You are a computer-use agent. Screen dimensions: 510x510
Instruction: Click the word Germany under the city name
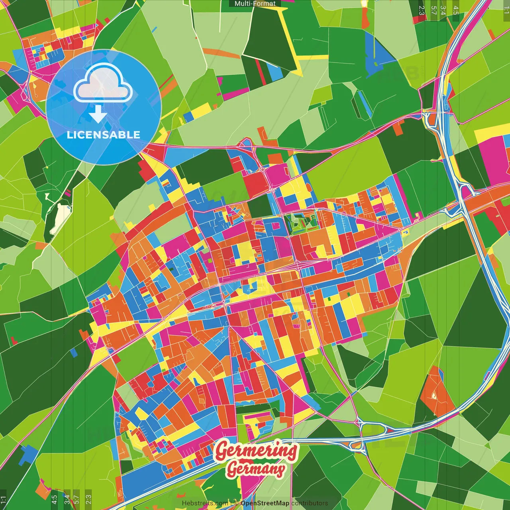[x=255, y=469]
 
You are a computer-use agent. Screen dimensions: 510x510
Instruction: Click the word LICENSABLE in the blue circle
[x=104, y=135]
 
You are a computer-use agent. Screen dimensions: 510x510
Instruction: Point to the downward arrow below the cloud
[x=98, y=114]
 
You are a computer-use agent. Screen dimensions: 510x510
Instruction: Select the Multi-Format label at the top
[x=255, y=4]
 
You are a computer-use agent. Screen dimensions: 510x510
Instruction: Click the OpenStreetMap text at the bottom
[x=265, y=503]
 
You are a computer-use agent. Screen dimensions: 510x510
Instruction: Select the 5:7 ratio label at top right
[x=433, y=10]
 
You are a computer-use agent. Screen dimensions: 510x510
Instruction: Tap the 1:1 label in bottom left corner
[x=4, y=499]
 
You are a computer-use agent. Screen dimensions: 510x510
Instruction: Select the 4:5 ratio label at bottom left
[x=54, y=499]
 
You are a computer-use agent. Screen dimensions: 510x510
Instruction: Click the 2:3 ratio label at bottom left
[x=88, y=499]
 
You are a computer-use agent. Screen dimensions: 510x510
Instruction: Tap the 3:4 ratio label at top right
[x=443, y=10]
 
